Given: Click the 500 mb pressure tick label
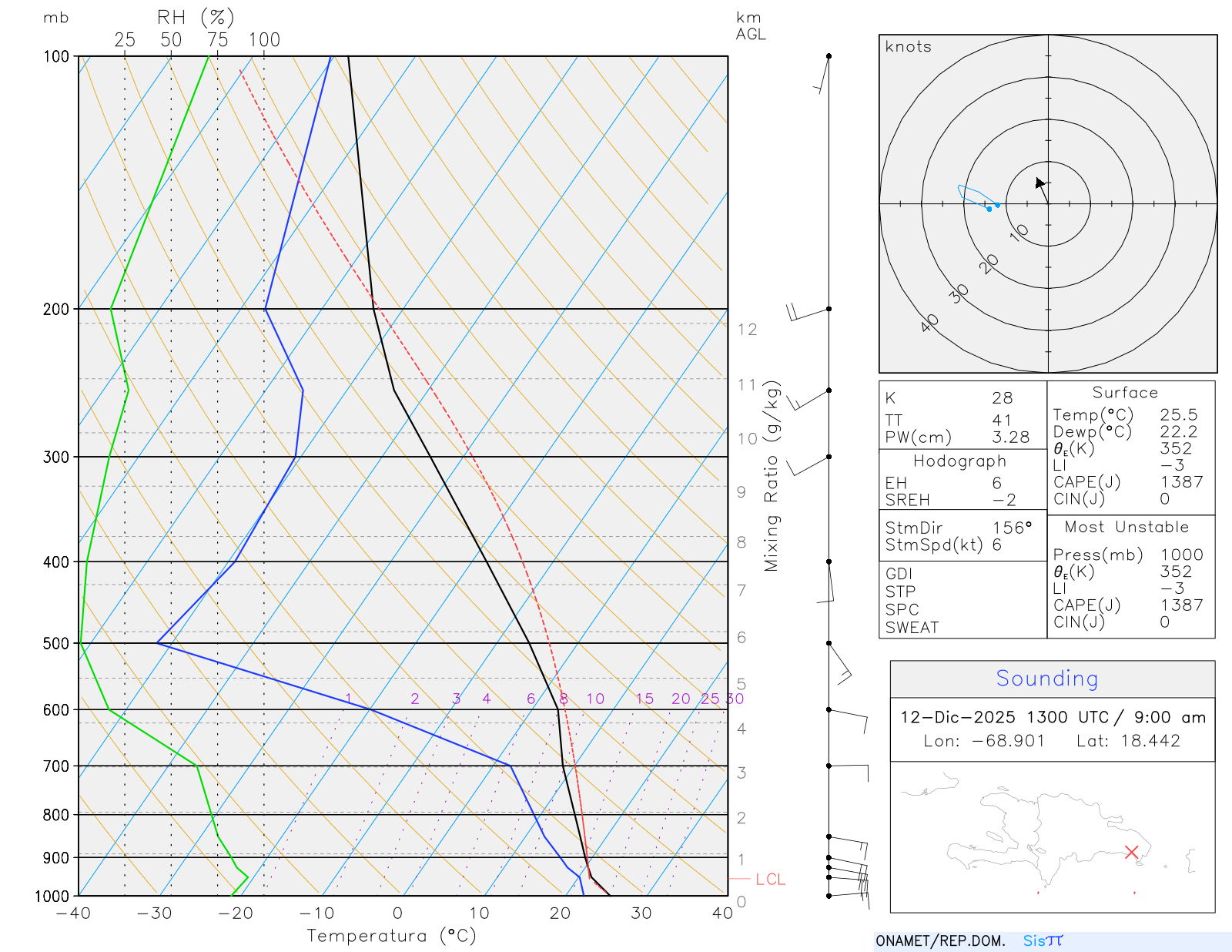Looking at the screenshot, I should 55,643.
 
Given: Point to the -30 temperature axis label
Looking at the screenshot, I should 154,913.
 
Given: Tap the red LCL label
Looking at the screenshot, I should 770,880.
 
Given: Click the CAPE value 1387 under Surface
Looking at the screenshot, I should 1181,482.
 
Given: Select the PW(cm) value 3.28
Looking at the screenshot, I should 1010,437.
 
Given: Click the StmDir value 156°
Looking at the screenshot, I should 1012,528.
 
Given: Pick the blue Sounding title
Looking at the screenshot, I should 1046,679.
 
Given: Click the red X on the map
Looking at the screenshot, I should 1131,852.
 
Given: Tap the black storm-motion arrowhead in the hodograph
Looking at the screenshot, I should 1040,183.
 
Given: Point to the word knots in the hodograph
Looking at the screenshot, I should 908,47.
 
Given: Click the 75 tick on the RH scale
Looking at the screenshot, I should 217,40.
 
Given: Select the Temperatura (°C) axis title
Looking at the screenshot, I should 391,936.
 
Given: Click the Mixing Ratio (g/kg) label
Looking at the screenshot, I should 772,476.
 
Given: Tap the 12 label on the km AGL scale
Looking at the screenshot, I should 747,330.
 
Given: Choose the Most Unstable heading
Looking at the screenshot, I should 1127,528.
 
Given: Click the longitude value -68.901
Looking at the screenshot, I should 1008,741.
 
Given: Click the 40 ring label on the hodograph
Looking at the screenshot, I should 929,323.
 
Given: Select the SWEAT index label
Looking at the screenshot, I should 912,628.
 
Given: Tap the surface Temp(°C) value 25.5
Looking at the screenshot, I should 1178,415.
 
